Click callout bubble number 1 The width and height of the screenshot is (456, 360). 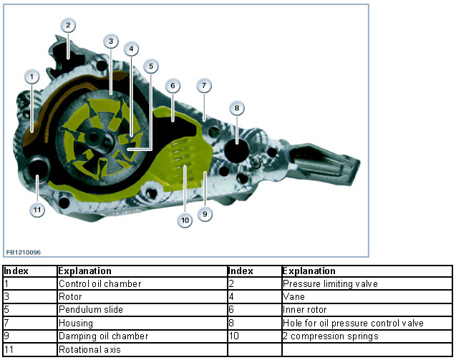coord(31,75)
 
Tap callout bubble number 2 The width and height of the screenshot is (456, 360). coord(67,26)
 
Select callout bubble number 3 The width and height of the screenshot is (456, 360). coord(110,42)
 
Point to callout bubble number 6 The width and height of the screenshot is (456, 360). coord(173,85)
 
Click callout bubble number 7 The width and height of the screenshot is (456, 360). coord(204,86)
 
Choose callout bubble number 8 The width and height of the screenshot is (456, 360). coord(237,108)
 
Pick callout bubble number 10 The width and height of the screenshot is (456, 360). coord(185,220)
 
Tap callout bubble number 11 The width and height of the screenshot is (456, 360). coord(37,210)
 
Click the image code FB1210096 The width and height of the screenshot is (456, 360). coord(23,252)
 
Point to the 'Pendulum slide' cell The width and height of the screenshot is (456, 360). coord(91,310)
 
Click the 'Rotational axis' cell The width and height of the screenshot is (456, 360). coord(88,349)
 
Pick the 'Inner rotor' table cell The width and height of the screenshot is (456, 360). coord(307,310)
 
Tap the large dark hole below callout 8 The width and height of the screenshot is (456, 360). coord(236,152)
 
